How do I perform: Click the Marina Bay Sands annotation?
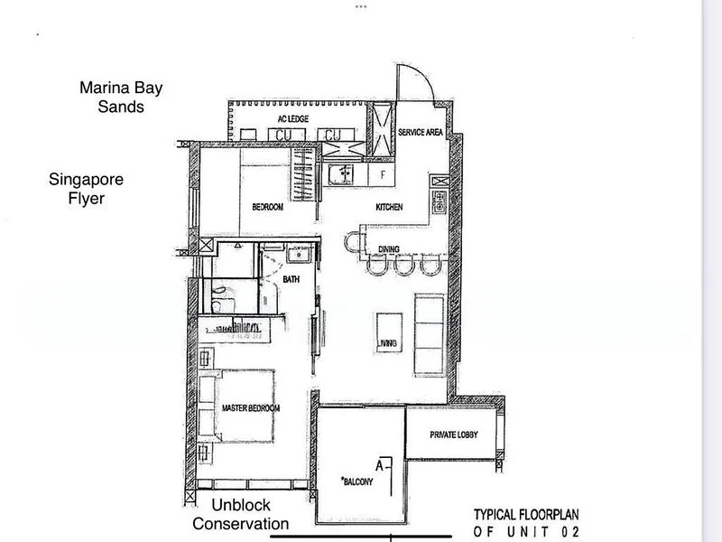122,98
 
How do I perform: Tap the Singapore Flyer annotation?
86,189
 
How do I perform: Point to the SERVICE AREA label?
420,132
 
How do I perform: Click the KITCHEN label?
389,208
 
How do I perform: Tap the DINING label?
389,248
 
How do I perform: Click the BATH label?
290,280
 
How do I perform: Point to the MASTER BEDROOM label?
251,408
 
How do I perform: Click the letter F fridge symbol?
384,173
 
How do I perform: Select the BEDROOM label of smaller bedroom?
267,208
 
